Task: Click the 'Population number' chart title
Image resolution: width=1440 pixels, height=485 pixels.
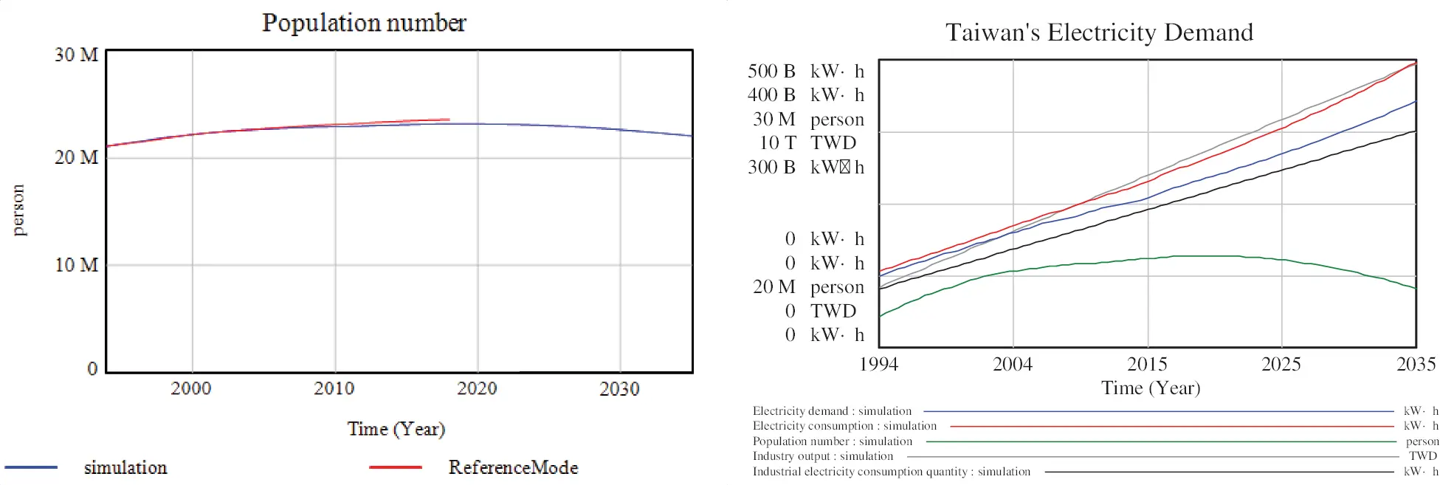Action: pyautogui.click(x=364, y=23)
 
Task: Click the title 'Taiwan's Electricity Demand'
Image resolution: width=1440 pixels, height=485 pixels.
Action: pyautogui.click(x=1099, y=32)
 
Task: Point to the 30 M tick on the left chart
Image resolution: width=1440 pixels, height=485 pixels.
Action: pyautogui.click(x=76, y=55)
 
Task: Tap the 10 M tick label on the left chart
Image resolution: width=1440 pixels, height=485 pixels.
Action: pyautogui.click(x=76, y=265)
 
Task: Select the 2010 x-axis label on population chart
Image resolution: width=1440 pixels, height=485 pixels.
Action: pyautogui.click(x=334, y=388)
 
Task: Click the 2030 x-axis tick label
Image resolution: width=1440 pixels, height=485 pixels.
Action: pyautogui.click(x=619, y=389)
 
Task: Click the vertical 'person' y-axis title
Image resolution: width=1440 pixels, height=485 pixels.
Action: pyautogui.click(x=18, y=210)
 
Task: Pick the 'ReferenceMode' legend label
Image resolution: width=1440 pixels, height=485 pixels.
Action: pyautogui.click(x=513, y=467)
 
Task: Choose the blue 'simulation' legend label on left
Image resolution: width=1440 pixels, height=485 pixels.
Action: pyautogui.click(x=125, y=467)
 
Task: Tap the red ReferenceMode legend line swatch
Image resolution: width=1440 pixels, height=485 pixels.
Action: pyautogui.click(x=396, y=467)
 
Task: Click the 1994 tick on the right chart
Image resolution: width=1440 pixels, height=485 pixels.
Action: pyautogui.click(x=878, y=364)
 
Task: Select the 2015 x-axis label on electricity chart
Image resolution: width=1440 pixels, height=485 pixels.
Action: pyautogui.click(x=1147, y=364)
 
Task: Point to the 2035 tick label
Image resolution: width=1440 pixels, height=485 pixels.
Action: pyautogui.click(x=1416, y=364)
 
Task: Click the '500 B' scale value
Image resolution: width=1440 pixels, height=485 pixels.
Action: pyautogui.click(x=771, y=72)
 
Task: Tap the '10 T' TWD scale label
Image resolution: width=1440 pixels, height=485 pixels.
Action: pyautogui.click(x=778, y=143)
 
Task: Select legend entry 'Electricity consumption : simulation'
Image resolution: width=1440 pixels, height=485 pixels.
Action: pyautogui.click(x=844, y=426)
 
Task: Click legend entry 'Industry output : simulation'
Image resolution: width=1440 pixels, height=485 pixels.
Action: pyautogui.click(x=823, y=456)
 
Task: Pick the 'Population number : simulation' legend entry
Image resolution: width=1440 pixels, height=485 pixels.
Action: pyautogui.click(x=833, y=441)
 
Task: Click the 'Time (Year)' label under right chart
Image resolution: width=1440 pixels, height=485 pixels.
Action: pyautogui.click(x=1151, y=388)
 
